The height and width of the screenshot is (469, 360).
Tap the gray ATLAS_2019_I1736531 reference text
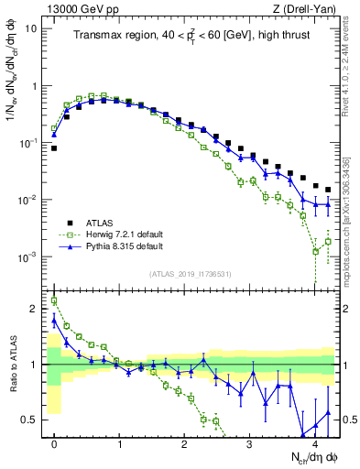click(192, 273)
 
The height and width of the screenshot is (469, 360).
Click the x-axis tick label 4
click(314, 443)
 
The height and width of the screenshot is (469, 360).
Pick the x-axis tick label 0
click(54, 443)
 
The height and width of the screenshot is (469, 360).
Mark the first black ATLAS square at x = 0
click(54, 147)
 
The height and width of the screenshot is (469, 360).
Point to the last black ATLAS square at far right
click(328, 190)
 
